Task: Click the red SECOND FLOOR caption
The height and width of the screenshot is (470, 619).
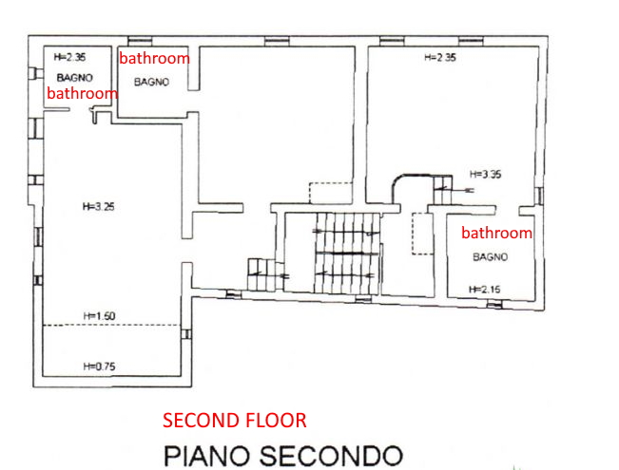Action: pos(235,421)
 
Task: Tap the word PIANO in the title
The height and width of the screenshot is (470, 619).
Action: pos(206,456)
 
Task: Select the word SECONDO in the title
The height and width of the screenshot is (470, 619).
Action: pos(331,456)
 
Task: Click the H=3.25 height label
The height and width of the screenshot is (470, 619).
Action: pos(99,207)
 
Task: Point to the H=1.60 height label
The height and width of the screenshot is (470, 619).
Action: pos(99,316)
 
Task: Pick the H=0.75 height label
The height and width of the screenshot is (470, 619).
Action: pos(100,367)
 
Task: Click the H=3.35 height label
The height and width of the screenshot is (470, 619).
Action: pos(486,175)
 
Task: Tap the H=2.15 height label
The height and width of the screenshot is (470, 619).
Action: pos(484,290)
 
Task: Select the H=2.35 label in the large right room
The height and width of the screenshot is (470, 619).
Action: pos(440,58)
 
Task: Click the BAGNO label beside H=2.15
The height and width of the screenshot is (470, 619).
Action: pos(491,257)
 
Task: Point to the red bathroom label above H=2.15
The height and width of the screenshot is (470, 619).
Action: pos(496,233)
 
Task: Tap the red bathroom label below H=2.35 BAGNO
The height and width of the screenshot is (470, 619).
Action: pos(82,93)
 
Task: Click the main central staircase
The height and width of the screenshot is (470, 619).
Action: pos(347,254)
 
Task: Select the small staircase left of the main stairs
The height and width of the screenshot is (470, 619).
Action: pos(262,274)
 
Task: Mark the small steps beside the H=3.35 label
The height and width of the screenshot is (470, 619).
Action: pos(443,190)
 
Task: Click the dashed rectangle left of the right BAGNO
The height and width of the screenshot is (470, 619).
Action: pos(421,234)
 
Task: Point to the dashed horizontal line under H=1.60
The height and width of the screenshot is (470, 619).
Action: pos(111,326)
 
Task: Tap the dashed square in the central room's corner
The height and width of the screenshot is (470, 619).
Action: pos(330,193)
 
